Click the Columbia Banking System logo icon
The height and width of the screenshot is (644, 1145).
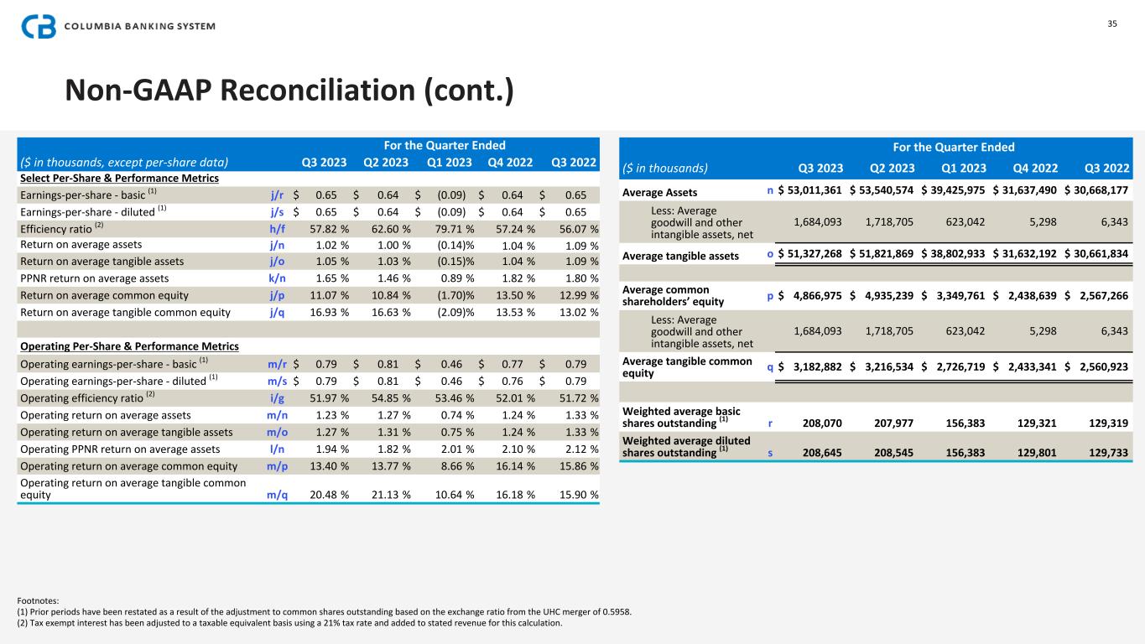pyautogui.click(x=39, y=27)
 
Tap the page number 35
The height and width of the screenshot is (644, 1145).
pyautogui.click(x=1112, y=23)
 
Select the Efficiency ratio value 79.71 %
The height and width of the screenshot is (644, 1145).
pyautogui.click(x=450, y=228)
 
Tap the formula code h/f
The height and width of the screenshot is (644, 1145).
pyautogui.click(x=277, y=228)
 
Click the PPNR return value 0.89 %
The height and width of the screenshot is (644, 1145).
pyautogui.click(x=454, y=278)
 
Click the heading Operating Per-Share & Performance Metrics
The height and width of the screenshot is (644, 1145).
pyautogui.click(x=129, y=345)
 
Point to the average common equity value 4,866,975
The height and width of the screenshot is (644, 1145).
pyautogui.click(x=811, y=295)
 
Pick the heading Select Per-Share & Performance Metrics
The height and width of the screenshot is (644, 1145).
pyautogui.click(x=119, y=178)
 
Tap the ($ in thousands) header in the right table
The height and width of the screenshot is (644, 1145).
pyautogui.click(x=665, y=167)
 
